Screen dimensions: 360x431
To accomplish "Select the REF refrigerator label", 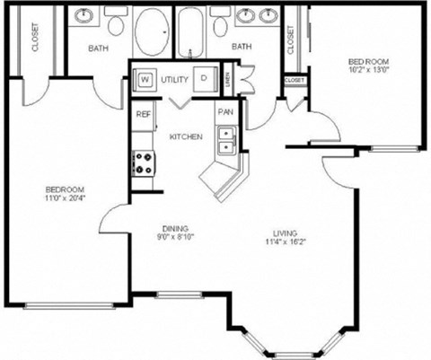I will (x=143, y=114).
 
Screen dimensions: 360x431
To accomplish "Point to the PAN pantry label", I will (x=224, y=113).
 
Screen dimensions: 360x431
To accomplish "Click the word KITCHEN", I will (x=186, y=136).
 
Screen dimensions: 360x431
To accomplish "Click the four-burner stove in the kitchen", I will (x=142, y=163).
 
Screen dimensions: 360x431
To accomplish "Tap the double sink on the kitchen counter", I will (x=227, y=141).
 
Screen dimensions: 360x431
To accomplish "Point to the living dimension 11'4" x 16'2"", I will (x=280, y=241).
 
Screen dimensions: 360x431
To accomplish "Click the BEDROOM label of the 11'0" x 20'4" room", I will (x=66, y=189).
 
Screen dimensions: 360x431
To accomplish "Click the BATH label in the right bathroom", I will (x=242, y=46).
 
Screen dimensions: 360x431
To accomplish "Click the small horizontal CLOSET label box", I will (x=295, y=80).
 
